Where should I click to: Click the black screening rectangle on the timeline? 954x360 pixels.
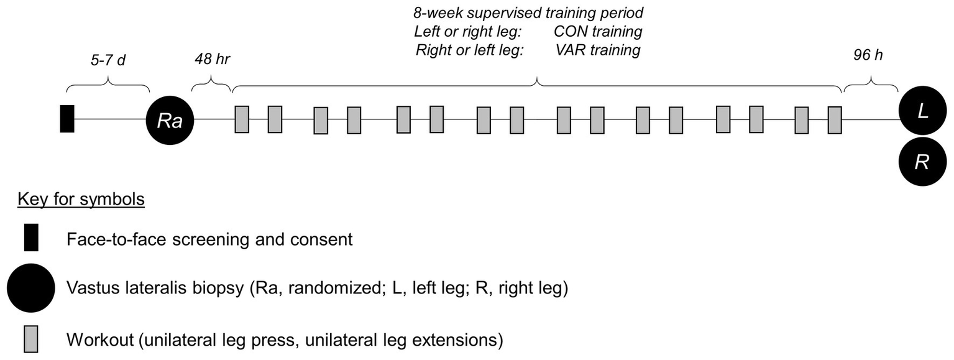click(67, 119)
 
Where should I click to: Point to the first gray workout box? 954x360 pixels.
click(242, 119)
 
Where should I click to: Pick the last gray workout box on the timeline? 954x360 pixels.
click(835, 119)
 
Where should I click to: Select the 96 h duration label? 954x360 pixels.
click(869, 55)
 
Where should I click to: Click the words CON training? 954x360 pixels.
click(597, 31)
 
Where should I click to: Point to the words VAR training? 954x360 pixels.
click(598, 50)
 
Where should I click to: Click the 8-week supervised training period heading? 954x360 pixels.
click(528, 12)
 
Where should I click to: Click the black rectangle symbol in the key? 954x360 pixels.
click(32, 238)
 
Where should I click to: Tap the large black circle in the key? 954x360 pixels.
click(31, 288)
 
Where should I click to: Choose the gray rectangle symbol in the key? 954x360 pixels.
click(31, 339)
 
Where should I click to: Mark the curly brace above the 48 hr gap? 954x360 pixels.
click(211, 83)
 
